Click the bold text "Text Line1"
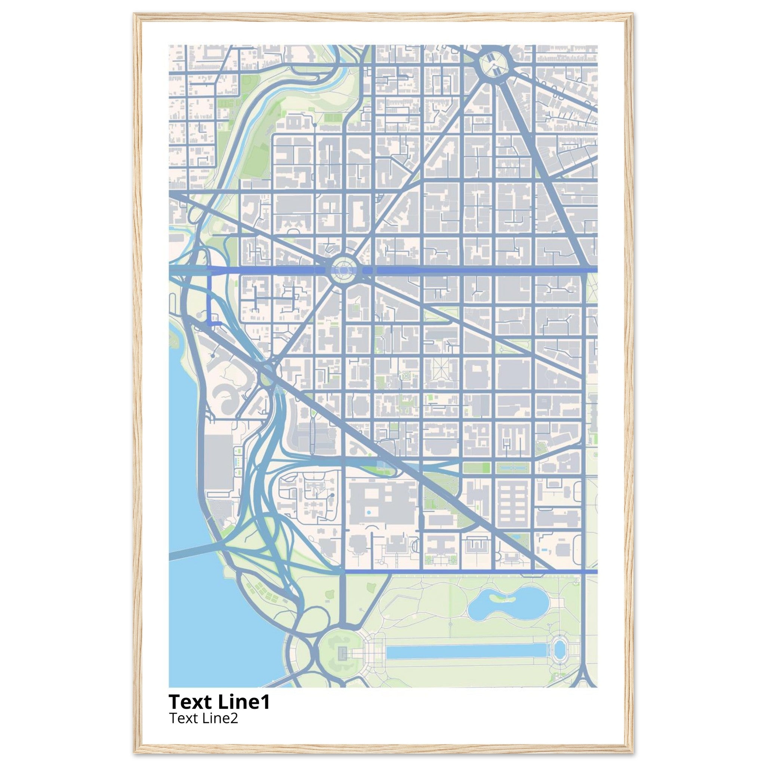(x=219, y=702)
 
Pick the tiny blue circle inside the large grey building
(x=369, y=513)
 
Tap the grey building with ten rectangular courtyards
(x=514, y=502)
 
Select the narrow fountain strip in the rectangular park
(x=514, y=468)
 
